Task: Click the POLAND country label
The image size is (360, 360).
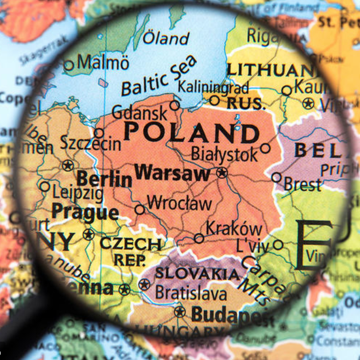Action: (191, 133)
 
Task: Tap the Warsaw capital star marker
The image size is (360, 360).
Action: (221, 173)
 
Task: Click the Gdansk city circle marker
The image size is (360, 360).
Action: (175, 106)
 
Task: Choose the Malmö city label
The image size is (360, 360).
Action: (103, 63)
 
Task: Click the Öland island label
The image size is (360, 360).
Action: (166, 38)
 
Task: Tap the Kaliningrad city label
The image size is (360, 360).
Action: (213, 87)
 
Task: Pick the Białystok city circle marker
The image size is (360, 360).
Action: (265, 148)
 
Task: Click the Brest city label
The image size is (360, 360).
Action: (302, 184)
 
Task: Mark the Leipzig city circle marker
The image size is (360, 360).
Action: (45, 186)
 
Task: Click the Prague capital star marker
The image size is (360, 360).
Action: (89, 234)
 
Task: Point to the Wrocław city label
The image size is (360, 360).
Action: (179, 203)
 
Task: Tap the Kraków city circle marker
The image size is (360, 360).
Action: (199, 238)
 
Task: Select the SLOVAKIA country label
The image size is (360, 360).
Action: (197, 273)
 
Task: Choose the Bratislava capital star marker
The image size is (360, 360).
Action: (144, 285)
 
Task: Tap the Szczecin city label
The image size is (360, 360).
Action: (91, 143)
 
